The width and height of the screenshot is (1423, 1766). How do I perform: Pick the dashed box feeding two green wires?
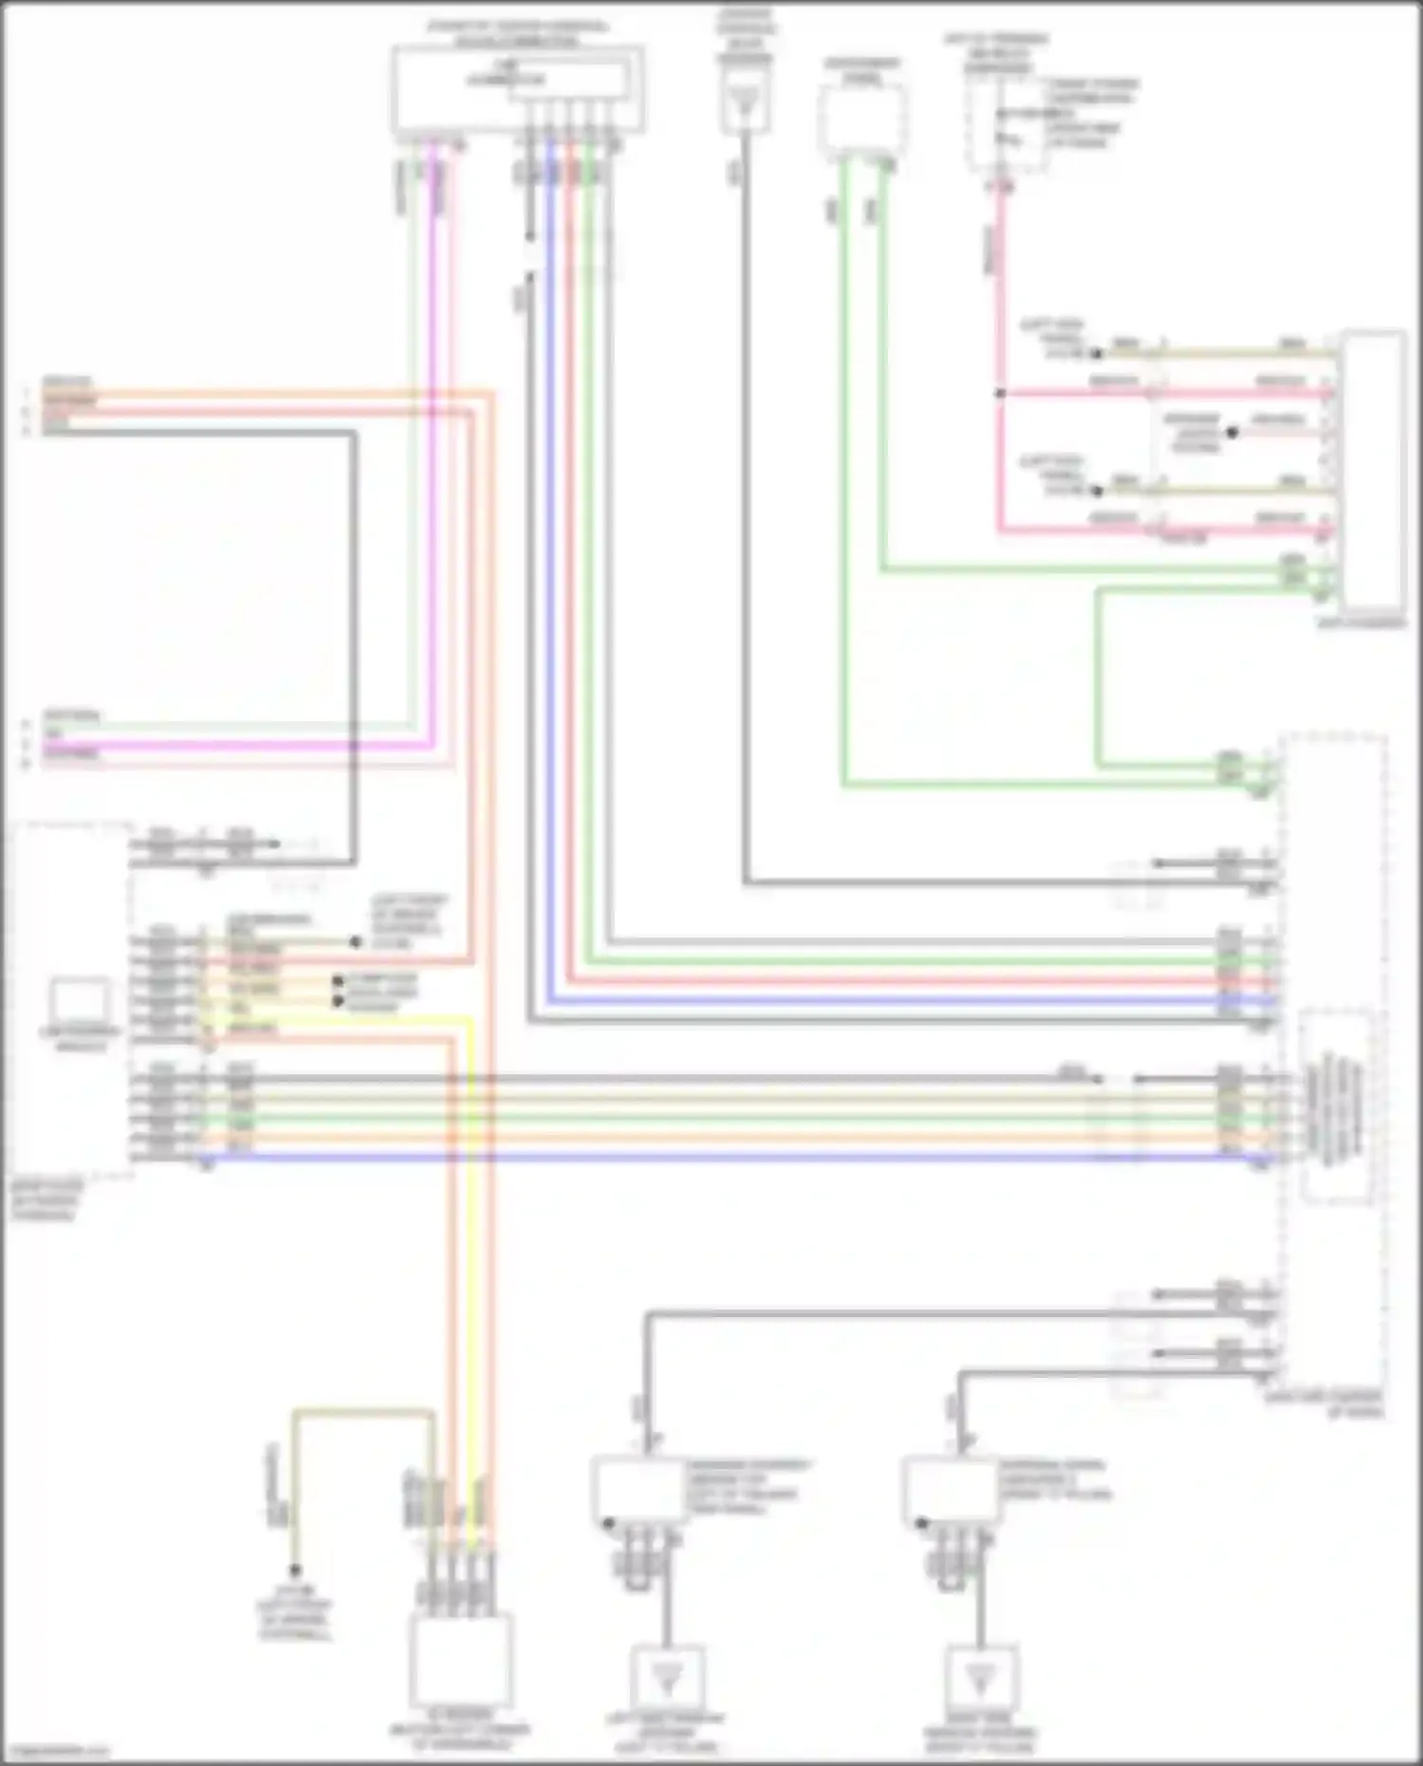click(x=861, y=121)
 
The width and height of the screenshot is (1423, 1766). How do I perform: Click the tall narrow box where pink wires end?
click(x=1374, y=470)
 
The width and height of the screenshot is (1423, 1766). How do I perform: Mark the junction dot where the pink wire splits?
click(x=999, y=392)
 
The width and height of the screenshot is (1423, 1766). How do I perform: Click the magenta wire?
click(x=432, y=474)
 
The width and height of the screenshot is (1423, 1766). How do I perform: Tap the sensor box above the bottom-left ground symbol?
click(x=638, y=1490)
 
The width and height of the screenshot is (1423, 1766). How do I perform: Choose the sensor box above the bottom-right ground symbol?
click(x=950, y=1490)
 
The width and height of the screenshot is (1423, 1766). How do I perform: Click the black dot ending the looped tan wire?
click(x=294, y=1571)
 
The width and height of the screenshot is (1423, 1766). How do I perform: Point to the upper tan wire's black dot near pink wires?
click(x=1097, y=354)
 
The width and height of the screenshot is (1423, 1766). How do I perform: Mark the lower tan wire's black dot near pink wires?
click(x=1097, y=492)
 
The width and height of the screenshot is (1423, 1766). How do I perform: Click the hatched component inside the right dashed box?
click(x=1334, y=1106)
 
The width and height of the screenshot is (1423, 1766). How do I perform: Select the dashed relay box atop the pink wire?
click(x=1006, y=123)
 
